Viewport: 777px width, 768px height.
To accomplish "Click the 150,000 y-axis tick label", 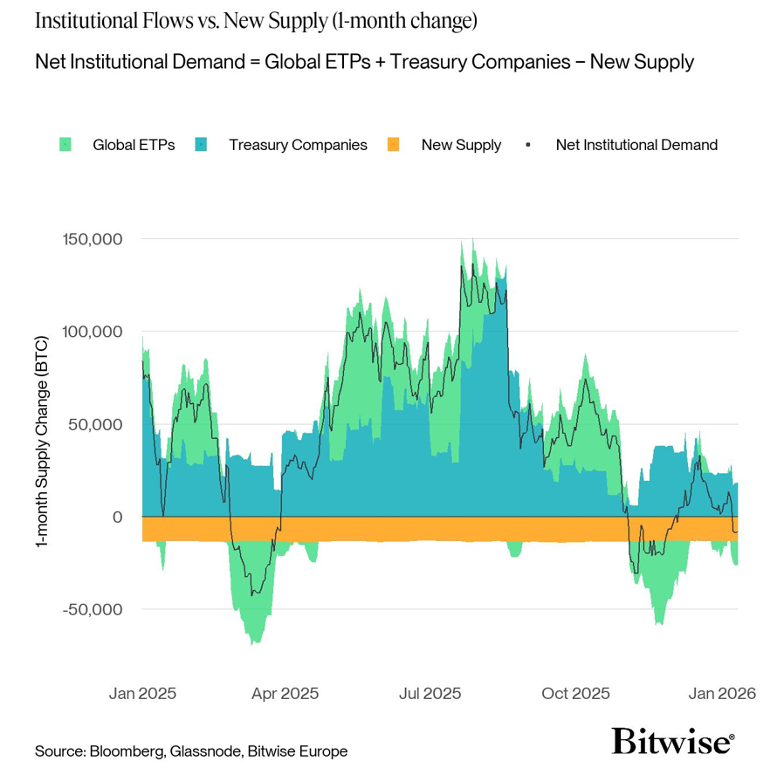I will point(92,239).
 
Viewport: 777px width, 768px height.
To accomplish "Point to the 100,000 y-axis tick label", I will point(92,332).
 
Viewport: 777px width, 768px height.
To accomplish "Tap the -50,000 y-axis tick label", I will point(93,609).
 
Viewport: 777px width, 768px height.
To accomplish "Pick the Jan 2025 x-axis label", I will point(142,695).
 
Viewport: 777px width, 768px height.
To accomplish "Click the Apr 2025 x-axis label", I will point(285,695).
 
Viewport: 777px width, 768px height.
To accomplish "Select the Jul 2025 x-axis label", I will point(429,695).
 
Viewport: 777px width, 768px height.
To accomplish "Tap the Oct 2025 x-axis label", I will point(576,695).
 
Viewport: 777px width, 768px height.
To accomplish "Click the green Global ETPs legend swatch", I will point(65,145).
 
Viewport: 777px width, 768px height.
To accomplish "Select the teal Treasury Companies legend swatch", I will point(201,145).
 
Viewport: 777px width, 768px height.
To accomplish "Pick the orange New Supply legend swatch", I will point(393,145).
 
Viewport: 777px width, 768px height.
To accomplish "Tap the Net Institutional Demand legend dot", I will point(528,145).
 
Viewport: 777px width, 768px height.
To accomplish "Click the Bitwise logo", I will point(672,741).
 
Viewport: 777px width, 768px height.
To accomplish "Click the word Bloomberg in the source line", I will point(124,751).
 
